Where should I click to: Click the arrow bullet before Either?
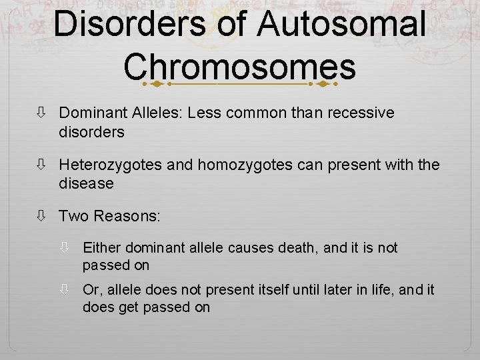point(64,248)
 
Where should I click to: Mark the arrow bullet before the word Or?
point(64,290)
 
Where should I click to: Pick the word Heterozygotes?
point(111,164)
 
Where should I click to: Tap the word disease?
point(86,183)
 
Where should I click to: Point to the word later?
point(345,290)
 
